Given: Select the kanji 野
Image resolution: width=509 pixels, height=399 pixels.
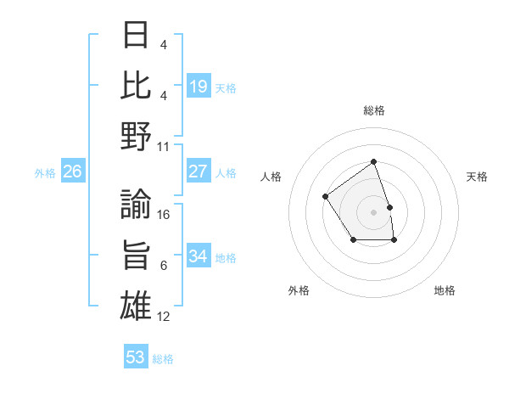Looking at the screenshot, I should pyautogui.click(x=137, y=137).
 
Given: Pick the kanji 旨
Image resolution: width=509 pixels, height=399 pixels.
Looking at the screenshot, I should pyautogui.click(x=137, y=256).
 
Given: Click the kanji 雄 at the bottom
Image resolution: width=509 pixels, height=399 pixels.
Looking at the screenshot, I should pyautogui.click(x=137, y=306).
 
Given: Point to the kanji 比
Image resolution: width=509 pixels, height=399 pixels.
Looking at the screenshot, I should pyautogui.click(x=137, y=86).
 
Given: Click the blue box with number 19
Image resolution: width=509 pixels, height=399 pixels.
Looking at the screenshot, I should pyautogui.click(x=199, y=87).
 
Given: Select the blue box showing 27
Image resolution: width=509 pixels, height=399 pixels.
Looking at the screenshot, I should pyautogui.click(x=199, y=171).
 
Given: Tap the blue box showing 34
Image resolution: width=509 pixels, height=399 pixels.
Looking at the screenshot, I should pyautogui.click(x=199, y=256).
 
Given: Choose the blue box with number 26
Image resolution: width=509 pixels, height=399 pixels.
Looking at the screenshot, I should pyautogui.click(x=72, y=171).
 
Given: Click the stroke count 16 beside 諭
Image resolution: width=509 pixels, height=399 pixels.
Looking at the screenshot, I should pyautogui.click(x=165, y=215).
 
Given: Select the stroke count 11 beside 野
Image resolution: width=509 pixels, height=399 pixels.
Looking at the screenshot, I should pyautogui.click(x=165, y=146).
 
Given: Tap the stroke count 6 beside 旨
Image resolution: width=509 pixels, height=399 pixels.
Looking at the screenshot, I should pyautogui.click(x=164, y=266).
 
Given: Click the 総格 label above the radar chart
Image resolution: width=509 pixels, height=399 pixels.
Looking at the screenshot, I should pyautogui.click(x=373, y=110).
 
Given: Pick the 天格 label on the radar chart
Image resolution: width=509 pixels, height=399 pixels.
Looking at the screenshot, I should pyautogui.click(x=478, y=177).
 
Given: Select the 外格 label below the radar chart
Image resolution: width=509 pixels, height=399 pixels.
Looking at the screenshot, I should pyautogui.click(x=299, y=290).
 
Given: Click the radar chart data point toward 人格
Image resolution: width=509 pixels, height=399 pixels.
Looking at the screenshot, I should pyautogui.click(x=326, y=197).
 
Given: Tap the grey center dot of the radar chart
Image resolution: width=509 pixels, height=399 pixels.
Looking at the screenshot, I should pyautogui.click(x=373, y=211).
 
